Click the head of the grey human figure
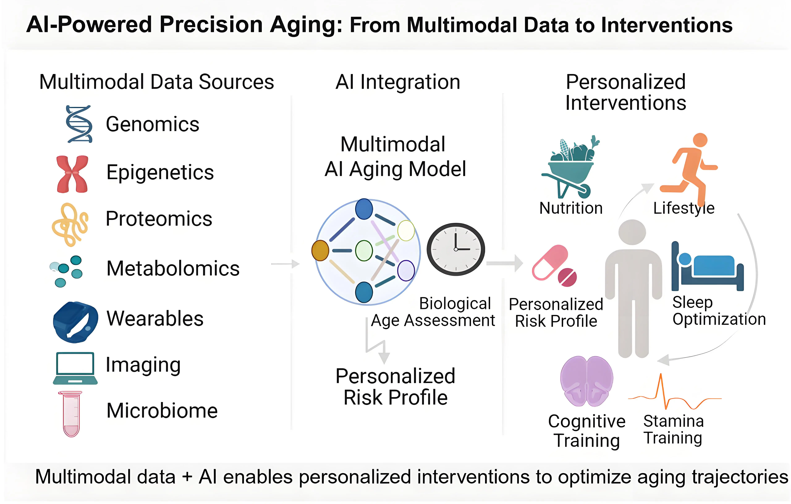click(x=632, y=232)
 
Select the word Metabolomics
click(x=173, y=269)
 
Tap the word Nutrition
click(x=571, y=208)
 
